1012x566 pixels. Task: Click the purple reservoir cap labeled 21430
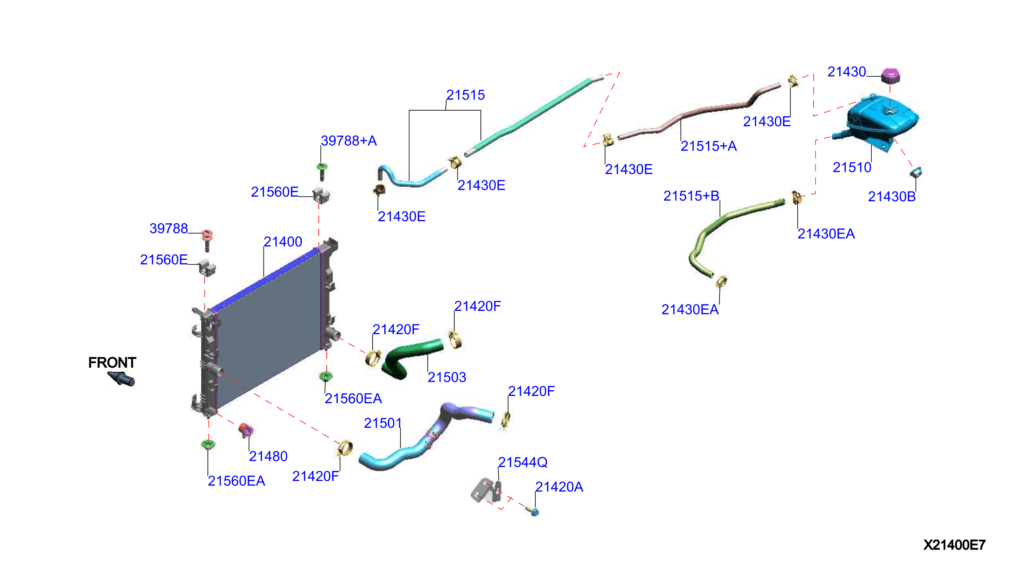coord(890,76)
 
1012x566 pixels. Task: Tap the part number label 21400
coord(283,242)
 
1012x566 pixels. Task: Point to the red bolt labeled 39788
coord(207,240)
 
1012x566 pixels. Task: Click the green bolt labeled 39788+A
coord(322,171)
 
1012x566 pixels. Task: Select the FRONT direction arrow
coord(121,378)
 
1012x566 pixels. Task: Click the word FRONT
coord(112,362)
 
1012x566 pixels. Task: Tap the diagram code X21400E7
coord(954,545)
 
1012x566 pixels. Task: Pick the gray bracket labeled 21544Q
coord(486,490)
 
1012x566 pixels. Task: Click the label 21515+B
coord(691,196)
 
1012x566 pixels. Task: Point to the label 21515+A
coord(709,146)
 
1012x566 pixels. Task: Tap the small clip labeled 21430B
coord(916,172)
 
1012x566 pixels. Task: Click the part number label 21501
coord(382,423)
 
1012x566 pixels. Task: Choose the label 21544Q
coord(523,462)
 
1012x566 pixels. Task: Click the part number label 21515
coord(466,95)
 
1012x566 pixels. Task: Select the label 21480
coord(268,456)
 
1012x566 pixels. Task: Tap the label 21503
coord(447,377)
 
